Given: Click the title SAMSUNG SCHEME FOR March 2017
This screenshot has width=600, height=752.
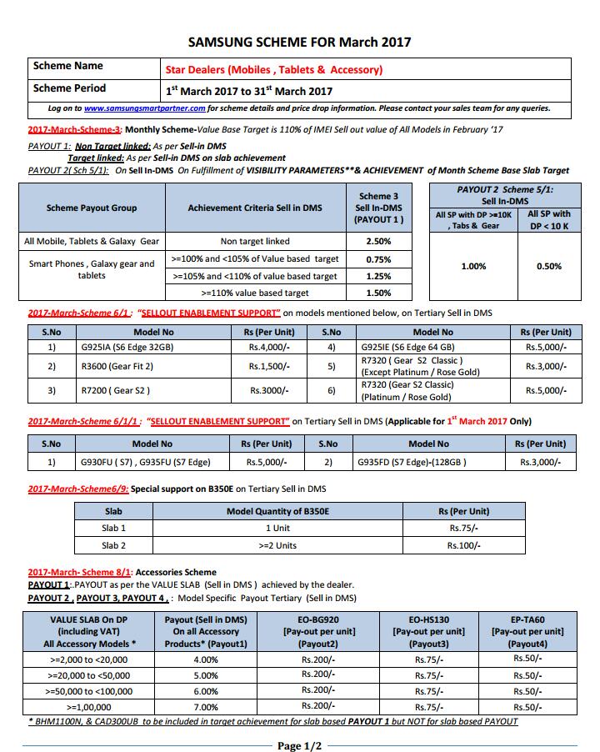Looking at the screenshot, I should click(300, 42).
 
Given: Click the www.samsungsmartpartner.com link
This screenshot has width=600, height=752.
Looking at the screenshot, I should click(144, 108).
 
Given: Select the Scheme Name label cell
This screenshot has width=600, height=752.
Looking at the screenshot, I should click(68, 66).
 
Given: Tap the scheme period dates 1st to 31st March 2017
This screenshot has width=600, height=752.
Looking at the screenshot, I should click(249, 91).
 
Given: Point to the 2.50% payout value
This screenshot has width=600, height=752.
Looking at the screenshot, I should click(379, 241).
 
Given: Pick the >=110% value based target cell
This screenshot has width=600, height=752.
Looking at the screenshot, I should click(254, 293).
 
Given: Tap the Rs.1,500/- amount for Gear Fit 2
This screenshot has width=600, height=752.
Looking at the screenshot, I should click(269, 366).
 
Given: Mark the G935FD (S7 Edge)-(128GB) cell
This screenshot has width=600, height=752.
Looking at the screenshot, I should click(412, 461).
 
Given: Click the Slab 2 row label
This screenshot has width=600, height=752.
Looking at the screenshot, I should click(114, 545).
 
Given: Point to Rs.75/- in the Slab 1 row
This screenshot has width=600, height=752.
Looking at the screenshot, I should click(465, 528).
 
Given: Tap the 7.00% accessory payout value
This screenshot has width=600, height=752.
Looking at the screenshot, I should click(206, 705).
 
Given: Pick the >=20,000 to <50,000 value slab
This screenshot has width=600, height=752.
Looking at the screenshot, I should click(90, 675).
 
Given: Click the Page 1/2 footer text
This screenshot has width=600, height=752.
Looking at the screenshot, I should click(299, 745).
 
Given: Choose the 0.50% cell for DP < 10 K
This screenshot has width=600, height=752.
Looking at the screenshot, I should click(549, 267).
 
